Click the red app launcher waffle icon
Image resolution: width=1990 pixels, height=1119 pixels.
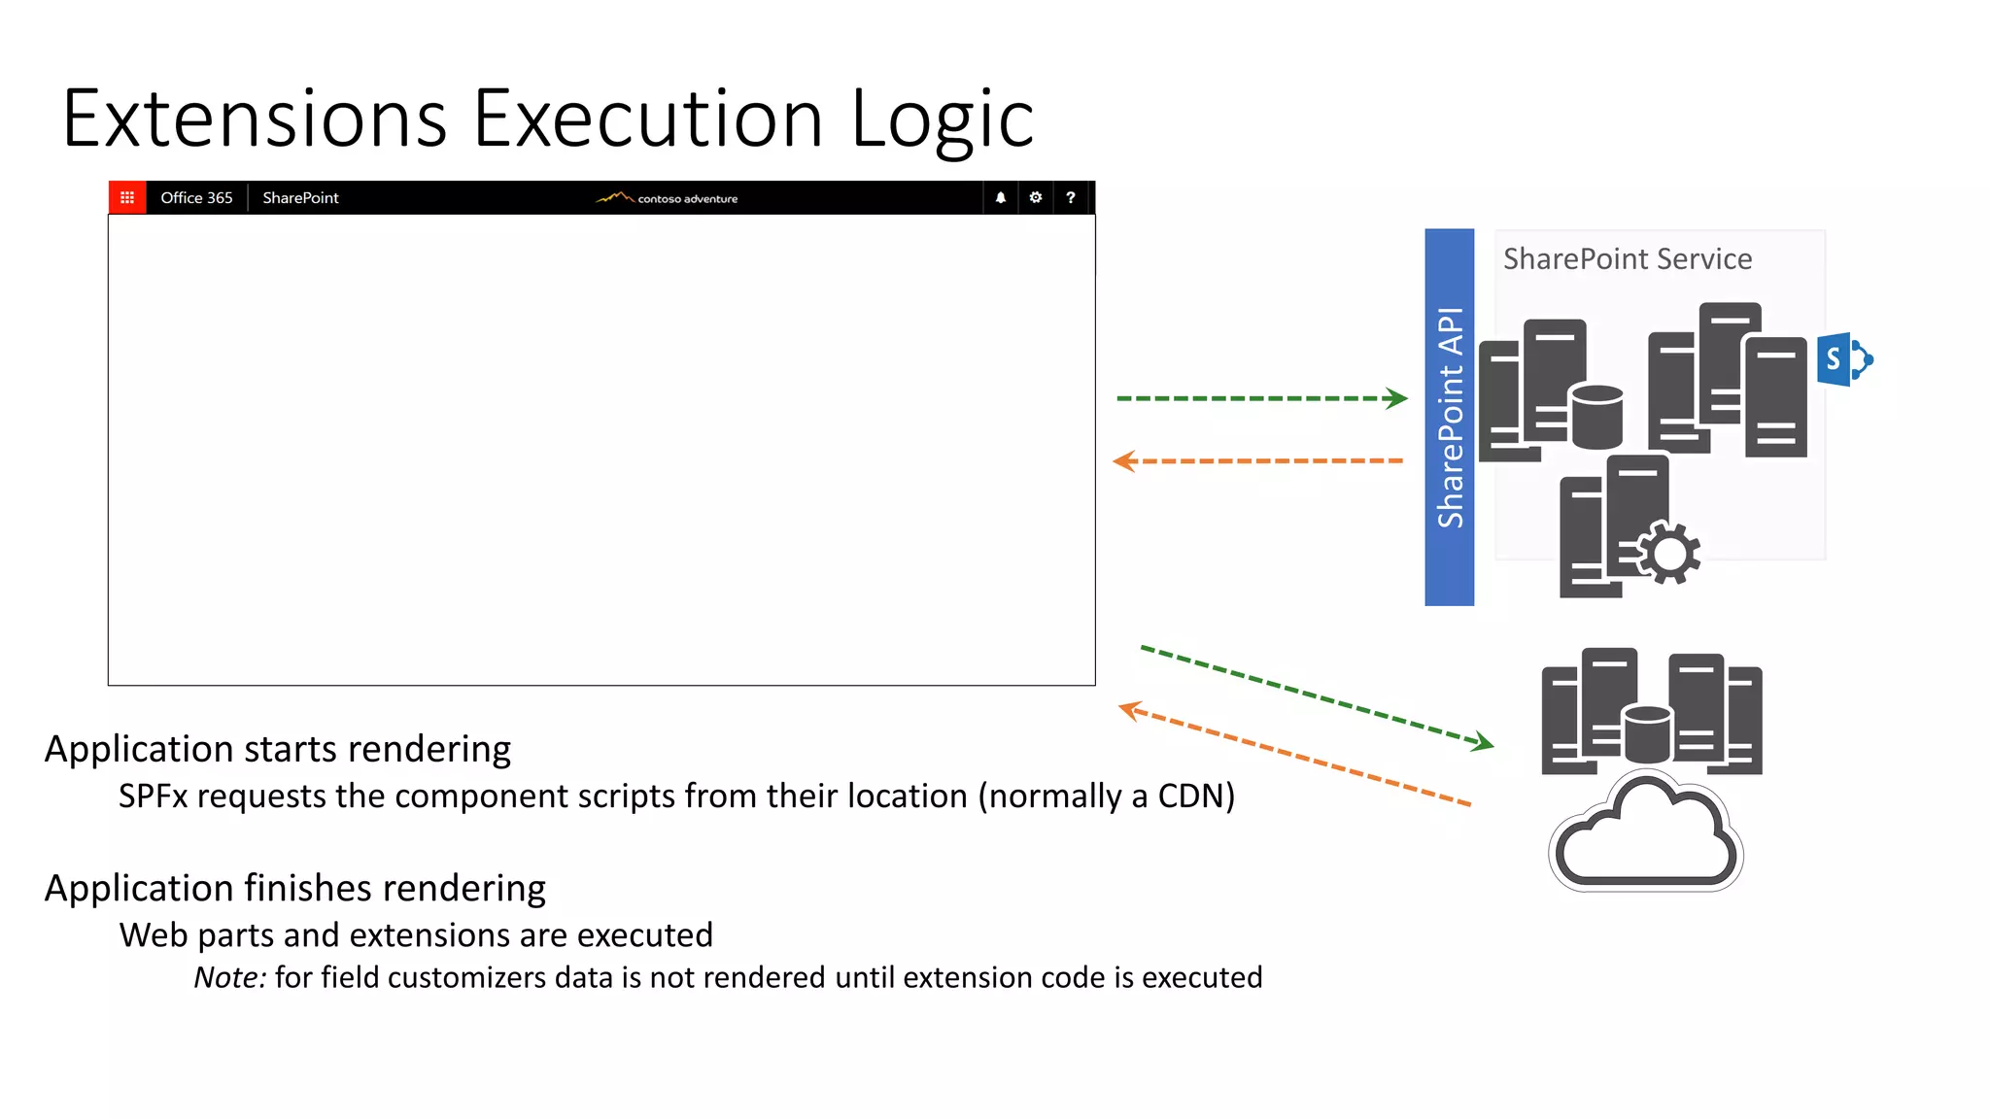[127, 197]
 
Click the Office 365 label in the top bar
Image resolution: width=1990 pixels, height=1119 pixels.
[196, 197]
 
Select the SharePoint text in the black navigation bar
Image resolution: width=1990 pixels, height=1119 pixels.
[300, 197]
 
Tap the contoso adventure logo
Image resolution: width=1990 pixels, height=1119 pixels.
[668, 197]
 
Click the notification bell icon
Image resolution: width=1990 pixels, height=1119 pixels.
[1000, 197]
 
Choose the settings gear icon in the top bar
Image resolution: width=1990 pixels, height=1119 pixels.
[1036, 197]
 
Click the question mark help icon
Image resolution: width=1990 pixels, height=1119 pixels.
[1070, 197]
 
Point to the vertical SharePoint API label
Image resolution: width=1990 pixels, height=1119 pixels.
[1449, 418]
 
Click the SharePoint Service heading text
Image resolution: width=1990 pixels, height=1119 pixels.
[1627, 259]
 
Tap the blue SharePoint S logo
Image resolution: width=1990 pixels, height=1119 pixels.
[1840, 359]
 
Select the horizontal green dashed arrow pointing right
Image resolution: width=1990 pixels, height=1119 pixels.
[1261, 398]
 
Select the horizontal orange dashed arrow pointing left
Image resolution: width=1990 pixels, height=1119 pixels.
[1258, 460]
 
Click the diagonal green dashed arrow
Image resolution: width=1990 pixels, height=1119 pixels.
[1317, 696]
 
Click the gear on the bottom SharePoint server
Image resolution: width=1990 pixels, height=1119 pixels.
[1668, 554]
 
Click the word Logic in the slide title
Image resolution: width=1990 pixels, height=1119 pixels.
[942, 119]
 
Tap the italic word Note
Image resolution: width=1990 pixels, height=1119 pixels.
[229, 977]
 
